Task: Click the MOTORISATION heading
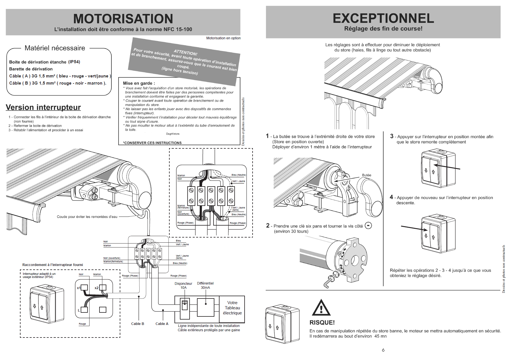tap(123, 19)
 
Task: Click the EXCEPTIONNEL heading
tap(383, 18)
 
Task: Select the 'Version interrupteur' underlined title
tap(43, 107)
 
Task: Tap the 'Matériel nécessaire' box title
tap(55, 48)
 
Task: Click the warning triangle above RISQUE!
tap(321, 308)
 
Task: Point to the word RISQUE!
tap(322, 322)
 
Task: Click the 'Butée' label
tap(366, 175)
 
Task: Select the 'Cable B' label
tap(137, 324)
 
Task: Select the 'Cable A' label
tap(162, 324)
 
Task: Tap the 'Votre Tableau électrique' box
tap(232, 308)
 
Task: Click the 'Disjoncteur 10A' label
tap(183, 285)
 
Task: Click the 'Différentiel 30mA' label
tap(205, 285)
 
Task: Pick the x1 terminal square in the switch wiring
tap(84, 287)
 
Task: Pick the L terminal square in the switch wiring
tap(84, 310)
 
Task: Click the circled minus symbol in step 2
tap(368, 226)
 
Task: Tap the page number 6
tap(383, 350)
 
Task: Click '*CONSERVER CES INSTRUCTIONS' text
tap(152, 143)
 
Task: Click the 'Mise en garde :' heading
tap(139, 83)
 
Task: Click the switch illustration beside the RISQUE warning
tap(282, 324)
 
